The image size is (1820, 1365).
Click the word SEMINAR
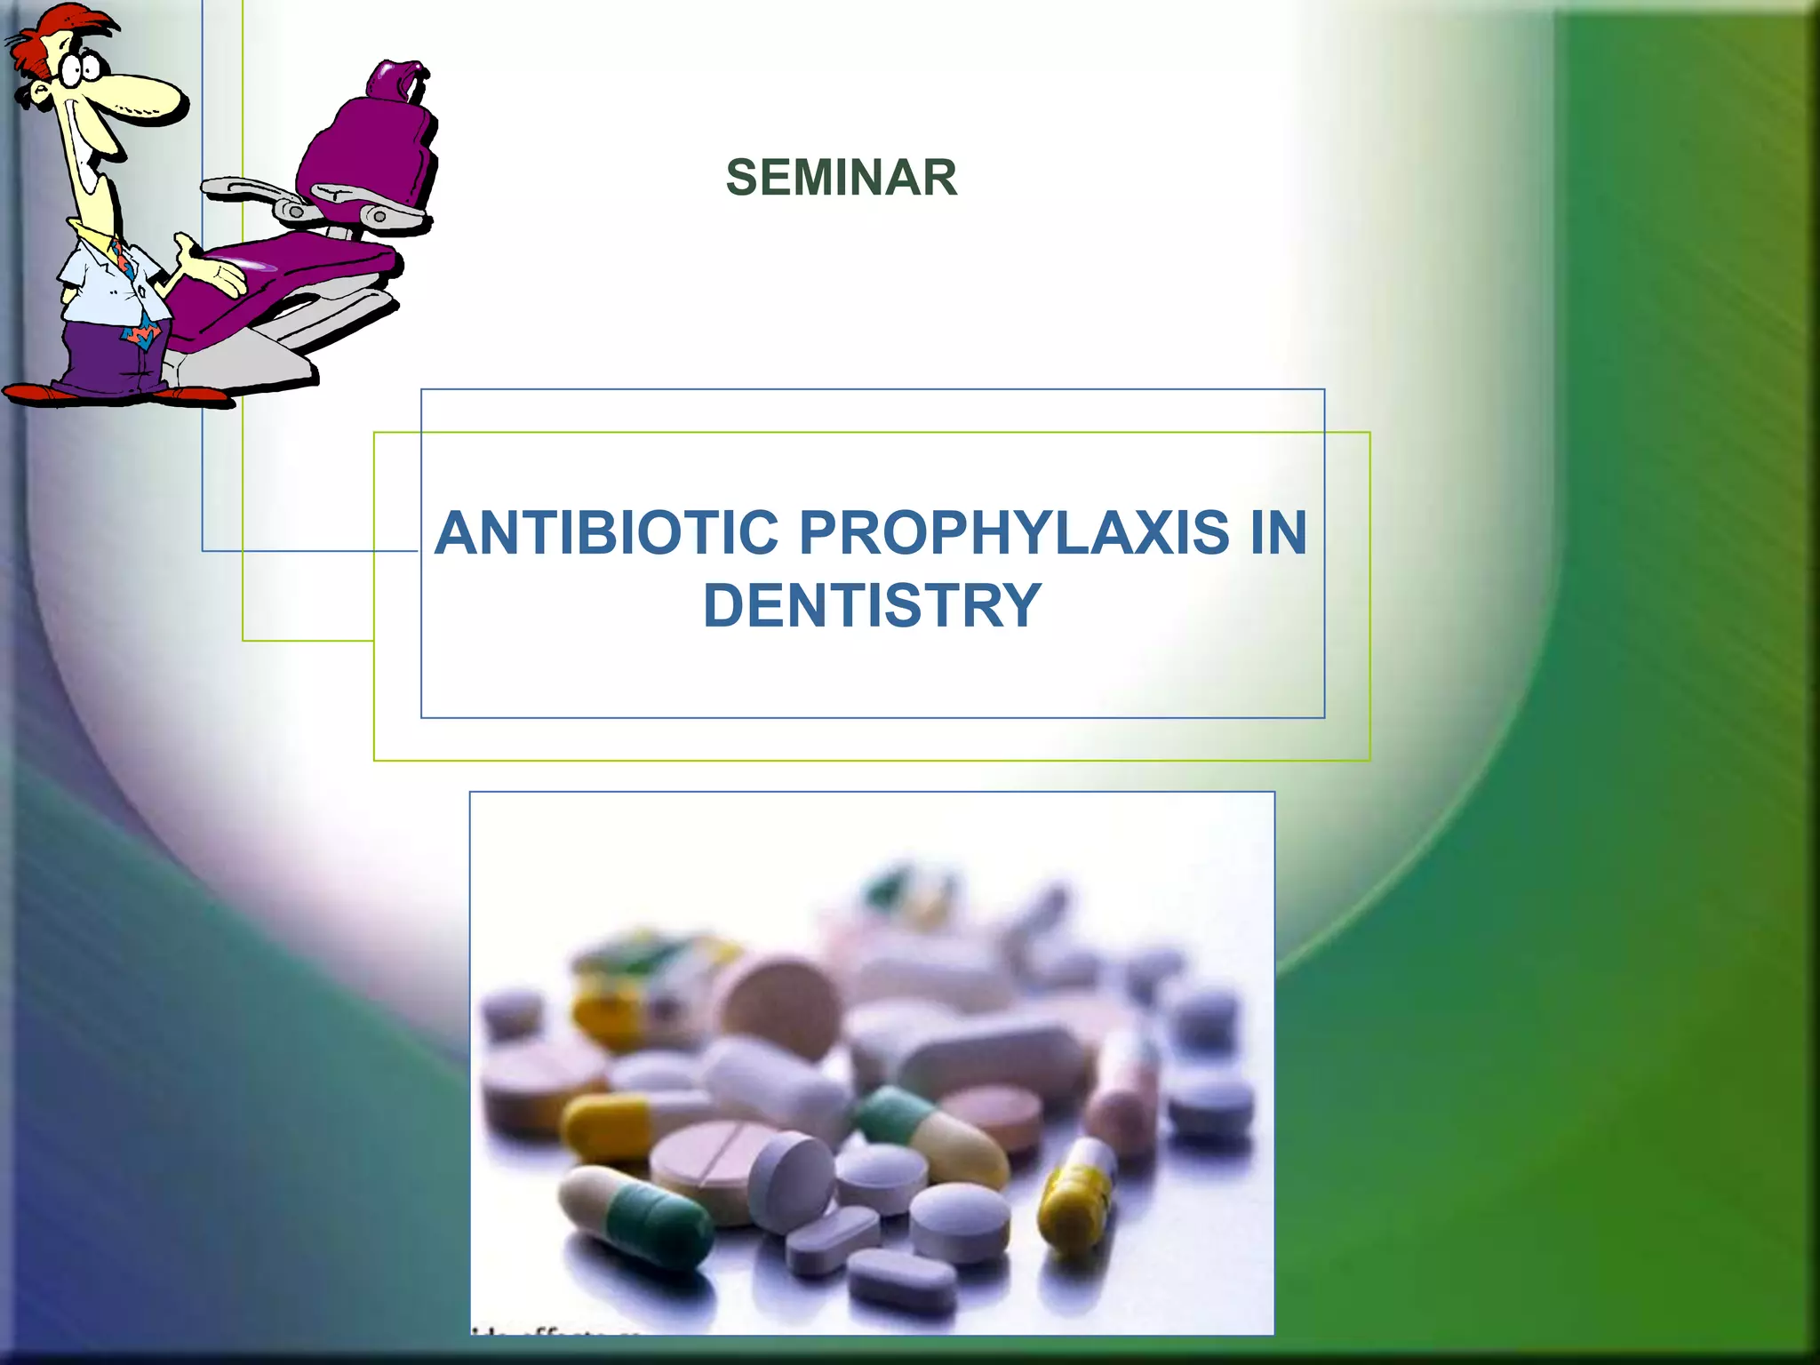coord(842,177)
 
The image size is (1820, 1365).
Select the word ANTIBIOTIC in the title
coord(607,533)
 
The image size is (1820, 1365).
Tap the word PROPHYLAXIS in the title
coord(1014,533)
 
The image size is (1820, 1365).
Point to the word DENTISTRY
coord(871,606)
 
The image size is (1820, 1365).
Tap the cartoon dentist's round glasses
coord(80,67)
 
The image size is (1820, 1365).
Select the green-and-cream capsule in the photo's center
coord(929,1133)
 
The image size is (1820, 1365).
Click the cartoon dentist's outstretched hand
coord(213,267)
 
